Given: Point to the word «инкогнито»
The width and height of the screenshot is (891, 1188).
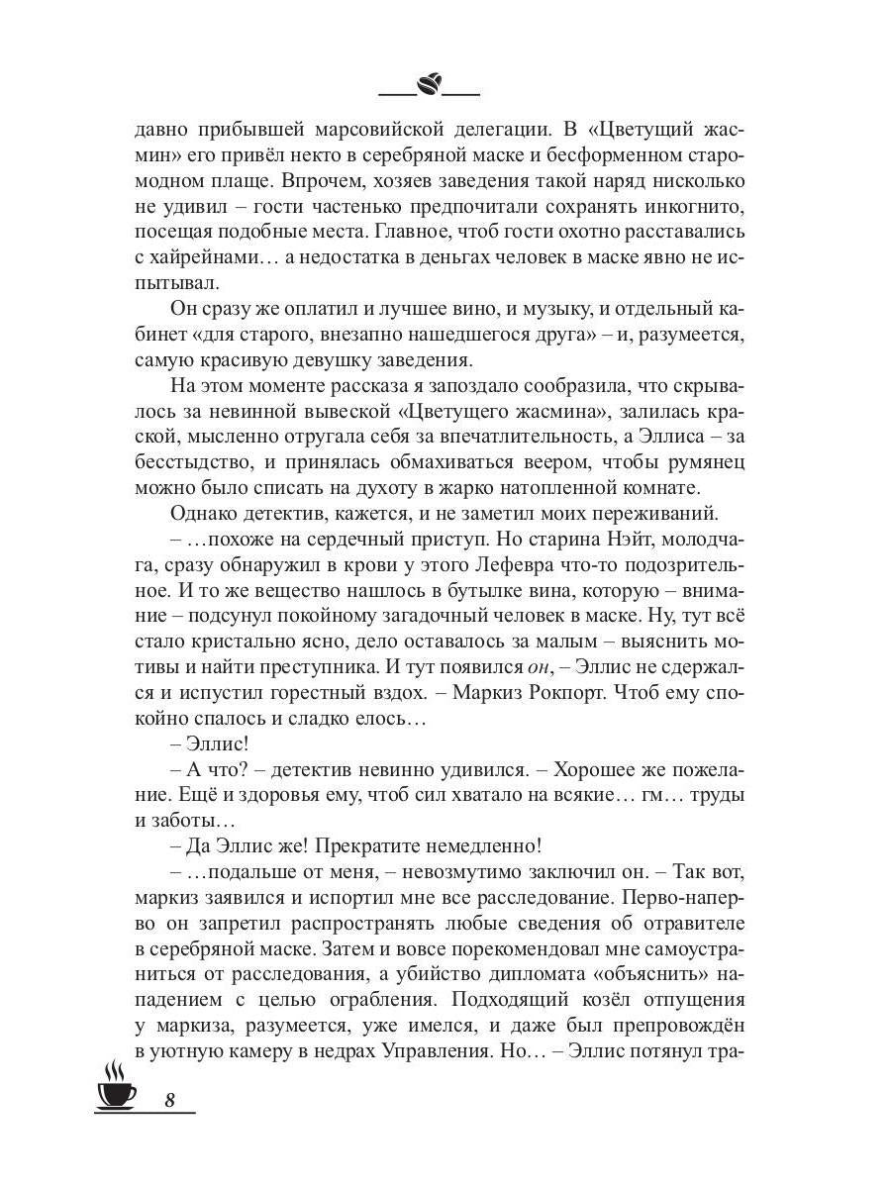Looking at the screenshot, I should click(697, 205).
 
